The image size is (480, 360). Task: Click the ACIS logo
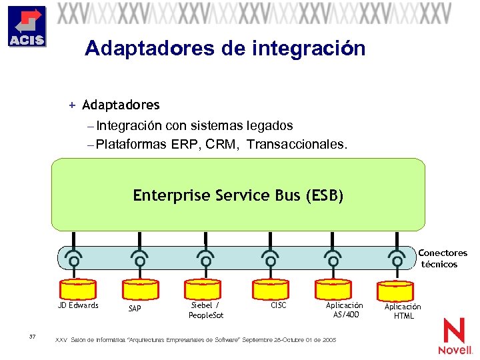click(27, 27)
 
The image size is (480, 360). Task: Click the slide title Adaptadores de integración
click(225, 49)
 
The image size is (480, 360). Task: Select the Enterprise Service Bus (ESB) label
click(238, 195)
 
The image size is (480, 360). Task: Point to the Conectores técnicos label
click(442, 259)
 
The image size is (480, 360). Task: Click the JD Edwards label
click(78, 305)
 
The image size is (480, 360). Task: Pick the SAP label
click(135, 309)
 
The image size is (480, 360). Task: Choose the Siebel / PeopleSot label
click(205, 310)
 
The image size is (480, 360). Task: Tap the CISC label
click(278, 305)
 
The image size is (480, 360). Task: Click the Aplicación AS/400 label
click(344, 309)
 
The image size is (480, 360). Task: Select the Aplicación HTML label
click(403, 311)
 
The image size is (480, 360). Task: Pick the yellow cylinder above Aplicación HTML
click(397, 291)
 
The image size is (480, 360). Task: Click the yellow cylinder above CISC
click(269, 287)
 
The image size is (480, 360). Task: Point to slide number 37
click(33, 336)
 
